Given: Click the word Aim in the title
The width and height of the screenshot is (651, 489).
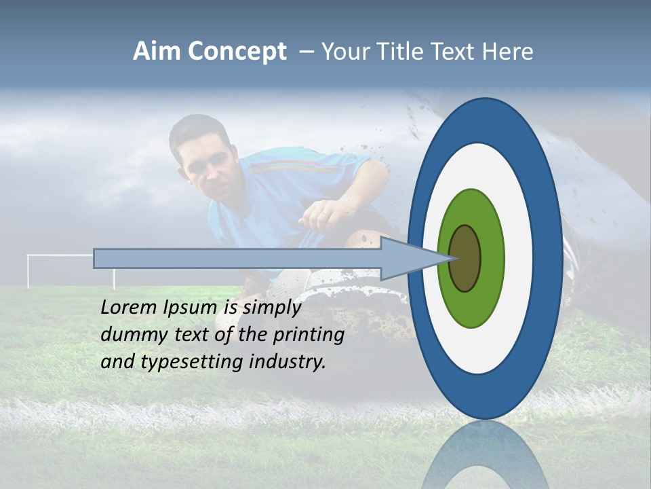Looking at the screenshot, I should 157,52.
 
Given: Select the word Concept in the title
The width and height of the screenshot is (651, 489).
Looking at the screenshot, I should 237,52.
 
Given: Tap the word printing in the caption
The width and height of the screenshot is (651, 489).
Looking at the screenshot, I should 309,335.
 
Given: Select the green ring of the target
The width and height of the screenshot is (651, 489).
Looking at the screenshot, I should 471,211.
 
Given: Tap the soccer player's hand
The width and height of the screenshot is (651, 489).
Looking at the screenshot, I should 319,214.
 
